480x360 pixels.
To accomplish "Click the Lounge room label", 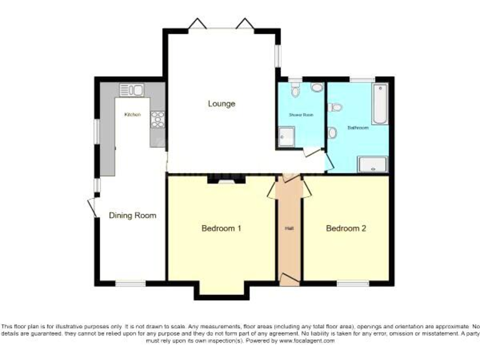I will (x=221, y=104).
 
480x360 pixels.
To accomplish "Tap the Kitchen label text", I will (x=132, y=114).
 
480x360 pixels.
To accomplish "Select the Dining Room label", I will (x=132, y=216).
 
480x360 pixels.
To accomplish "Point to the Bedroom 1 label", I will (x=221, y=228).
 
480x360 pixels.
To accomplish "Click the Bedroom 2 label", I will (x=346, y=228).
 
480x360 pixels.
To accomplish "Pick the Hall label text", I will (x=289, y=229).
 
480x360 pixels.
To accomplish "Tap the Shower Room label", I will (x=301, y=116).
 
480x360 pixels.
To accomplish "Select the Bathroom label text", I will (x=358, y=127).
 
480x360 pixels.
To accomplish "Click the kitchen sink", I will (x=132, y=90).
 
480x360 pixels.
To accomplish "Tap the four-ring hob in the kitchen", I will (x=157, y=119).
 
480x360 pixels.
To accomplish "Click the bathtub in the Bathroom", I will (x=379, y=104).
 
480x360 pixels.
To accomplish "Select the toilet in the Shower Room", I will (x=295, y=91).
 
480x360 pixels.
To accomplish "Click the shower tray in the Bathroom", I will (x=372, y=164).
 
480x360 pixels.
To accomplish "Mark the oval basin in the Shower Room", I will (x=316, y=88).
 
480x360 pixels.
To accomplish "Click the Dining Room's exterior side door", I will (x=92, y=208).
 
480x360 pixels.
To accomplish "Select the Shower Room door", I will (x=311, y=151).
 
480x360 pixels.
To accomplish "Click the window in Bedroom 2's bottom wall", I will (x=353, y=283).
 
